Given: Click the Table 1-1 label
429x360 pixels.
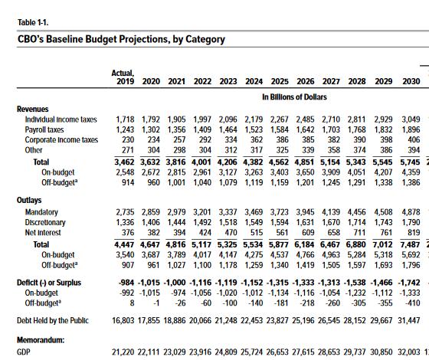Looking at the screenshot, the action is [x=33, y=22].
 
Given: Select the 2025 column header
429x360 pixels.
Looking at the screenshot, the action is [x=280, y=81].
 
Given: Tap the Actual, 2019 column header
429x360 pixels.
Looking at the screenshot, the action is [x=123, y=77].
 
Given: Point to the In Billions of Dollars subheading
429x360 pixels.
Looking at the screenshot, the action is [x=294, y=97].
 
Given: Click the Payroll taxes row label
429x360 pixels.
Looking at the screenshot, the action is [x=44, y=129].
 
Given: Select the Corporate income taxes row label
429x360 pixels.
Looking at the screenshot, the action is [x=61, y=139].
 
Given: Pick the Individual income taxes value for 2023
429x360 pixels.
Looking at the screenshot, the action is [x=228, y=119].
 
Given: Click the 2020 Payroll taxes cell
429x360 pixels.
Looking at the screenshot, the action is [x=151, y=129].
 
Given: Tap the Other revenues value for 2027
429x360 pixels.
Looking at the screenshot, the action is [x=333, y=150].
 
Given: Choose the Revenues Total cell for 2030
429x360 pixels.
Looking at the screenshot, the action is [x=410, y=162].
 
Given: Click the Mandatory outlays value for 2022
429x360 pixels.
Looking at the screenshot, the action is [x=202, y=212].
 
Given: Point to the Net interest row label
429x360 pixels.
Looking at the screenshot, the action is [x=43, y=233].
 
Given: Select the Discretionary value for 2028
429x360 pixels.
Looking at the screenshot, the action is [x=357, y=222].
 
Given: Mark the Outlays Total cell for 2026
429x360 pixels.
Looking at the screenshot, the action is [x=306, y=244].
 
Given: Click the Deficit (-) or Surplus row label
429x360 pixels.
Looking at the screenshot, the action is [x=49, y=283].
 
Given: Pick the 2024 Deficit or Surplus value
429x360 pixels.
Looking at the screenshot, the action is [x=252, y=283].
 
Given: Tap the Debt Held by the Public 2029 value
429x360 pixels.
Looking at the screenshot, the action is [x=383, y=321].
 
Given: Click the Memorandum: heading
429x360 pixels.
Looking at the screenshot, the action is [x=41, y=340].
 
